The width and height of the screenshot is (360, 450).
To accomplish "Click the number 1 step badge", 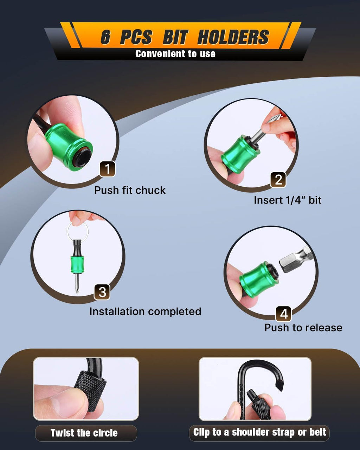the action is tap(107, 169).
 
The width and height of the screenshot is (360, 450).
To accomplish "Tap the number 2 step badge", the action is tap(278, 180).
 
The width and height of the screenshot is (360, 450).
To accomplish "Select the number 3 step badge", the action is tap(102, 292).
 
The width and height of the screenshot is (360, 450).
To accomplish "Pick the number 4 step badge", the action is tap(283, 314).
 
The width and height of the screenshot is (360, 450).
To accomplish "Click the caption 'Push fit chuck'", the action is tap(130, 191).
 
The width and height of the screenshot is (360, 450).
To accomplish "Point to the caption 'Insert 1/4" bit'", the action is tap(288, 200).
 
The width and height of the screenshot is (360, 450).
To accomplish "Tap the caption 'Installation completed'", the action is tap(145, 311).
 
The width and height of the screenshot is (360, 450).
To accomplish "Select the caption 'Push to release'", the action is tap(303, 328).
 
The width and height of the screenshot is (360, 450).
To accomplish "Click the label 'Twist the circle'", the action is tap(84, 433).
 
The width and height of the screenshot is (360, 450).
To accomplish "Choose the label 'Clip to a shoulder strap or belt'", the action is tap(259, 432).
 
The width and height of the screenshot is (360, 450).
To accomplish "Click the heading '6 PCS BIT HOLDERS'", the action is tap(185, 37).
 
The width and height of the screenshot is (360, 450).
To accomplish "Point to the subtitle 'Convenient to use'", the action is tap(175, 54).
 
